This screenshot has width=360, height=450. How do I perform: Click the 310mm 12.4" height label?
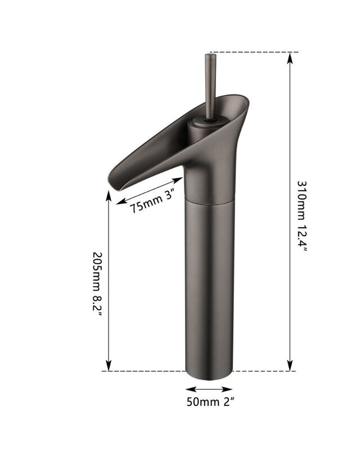[x=301, y=217]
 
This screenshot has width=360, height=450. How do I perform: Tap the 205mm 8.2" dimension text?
[x=97, y=285]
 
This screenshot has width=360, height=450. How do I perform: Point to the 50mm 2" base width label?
[x=210, y=402]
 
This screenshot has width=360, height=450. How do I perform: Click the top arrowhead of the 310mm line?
[x=290, y=58]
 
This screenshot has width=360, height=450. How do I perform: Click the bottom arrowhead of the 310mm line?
[x=290, y=366]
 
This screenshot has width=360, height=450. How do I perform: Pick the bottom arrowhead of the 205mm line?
[x=109, y=366]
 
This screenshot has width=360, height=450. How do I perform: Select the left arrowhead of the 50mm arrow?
[x=191, y=389]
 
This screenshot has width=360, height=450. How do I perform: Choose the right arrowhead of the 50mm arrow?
[x=227, y=389]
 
